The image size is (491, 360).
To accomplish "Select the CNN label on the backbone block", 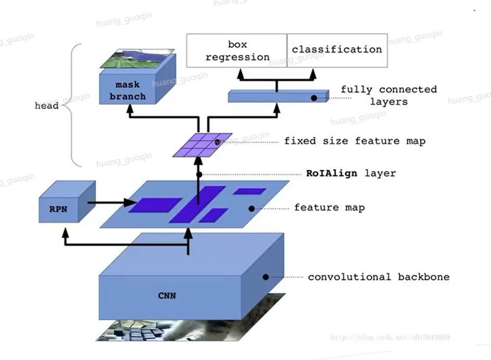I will pos(167,296).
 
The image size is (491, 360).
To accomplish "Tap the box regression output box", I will pos(237,50).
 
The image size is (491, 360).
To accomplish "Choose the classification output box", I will pos(337,50).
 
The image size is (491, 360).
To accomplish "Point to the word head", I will pos(46,106).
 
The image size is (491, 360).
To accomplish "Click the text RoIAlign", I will pos(332,173).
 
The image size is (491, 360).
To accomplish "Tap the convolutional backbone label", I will pos(379,277).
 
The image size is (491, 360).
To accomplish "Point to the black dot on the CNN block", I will pos(266,277).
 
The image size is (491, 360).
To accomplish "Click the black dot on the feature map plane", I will pos(251,208).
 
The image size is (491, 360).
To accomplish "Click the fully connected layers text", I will pos(389,95).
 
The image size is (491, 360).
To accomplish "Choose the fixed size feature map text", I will pos(355,141).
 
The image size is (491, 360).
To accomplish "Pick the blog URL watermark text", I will pos(390,338).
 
